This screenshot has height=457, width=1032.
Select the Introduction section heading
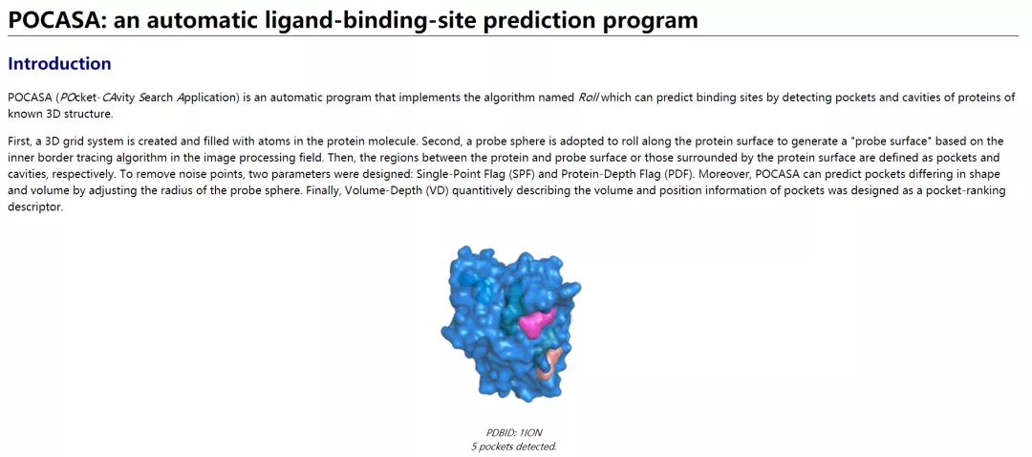[59, 64]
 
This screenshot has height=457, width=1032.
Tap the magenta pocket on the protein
[538, 320]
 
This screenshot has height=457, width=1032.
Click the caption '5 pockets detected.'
[514, 446]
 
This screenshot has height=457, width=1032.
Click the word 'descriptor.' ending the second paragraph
[35, 206]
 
